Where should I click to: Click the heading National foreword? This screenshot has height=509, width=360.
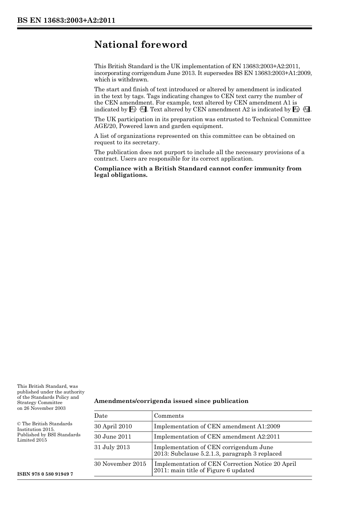coord(141,45)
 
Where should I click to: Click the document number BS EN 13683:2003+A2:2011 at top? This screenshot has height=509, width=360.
coord(66,20)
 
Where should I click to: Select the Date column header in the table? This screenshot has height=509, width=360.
coord(101,416)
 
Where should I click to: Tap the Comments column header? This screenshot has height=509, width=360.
coord(169,416)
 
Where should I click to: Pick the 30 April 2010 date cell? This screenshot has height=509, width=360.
coord(113,426)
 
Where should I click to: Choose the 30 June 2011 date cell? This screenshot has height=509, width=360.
coord(113,437)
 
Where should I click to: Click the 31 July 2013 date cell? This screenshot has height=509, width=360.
coord(112,447)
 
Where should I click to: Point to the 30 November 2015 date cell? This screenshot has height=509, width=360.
coord(120,464)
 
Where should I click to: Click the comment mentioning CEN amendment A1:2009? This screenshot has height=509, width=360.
coord(217,426)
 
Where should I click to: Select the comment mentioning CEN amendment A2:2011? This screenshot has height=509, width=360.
coord(217,437)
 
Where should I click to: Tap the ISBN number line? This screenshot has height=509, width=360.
coord(45,474)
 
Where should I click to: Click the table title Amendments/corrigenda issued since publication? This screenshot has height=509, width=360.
coord(171,401)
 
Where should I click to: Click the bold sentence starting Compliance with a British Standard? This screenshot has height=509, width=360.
coord(198,172)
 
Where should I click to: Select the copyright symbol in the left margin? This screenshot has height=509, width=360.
coord(19,424)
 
